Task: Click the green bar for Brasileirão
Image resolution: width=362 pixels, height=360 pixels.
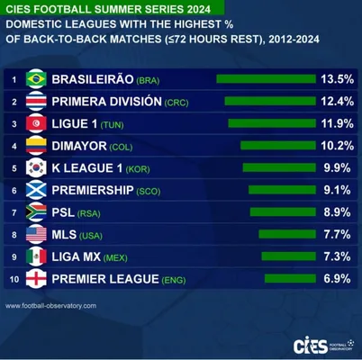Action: coord(267,79)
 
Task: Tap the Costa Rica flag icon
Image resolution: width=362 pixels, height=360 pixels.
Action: coord(36,102)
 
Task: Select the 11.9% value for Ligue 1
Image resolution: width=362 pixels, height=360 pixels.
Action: coord(338,123)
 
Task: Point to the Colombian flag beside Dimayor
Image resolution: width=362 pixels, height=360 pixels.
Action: coord(36,146)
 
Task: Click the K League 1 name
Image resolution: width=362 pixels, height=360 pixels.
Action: coord(87,168)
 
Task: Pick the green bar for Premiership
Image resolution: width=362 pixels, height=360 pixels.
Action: coord(282,190)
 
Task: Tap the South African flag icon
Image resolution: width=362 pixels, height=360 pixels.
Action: coord(36,212)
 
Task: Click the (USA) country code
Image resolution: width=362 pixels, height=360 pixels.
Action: coord(91,236)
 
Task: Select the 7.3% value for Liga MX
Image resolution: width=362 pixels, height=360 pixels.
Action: coord(337,256)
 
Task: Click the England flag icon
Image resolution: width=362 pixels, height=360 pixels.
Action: coord(36,279)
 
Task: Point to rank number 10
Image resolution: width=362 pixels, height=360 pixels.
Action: coord(14,279)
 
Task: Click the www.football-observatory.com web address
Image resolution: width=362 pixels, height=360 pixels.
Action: coord(50,306)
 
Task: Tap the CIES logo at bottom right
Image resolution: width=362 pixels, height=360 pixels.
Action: coord(324,346)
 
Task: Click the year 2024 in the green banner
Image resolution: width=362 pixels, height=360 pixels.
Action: coord(198,9)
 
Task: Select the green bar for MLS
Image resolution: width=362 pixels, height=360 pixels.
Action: coord(287,234)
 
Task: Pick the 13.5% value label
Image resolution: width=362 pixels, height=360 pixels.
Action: coord(338,79)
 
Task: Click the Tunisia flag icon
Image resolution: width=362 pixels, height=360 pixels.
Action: coord(36,123)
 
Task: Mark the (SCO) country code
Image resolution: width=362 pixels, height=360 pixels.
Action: coord(149,192)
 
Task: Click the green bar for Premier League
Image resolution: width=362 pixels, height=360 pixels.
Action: coord(290,279)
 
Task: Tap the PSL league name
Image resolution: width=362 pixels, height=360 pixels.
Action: coord(63,212)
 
